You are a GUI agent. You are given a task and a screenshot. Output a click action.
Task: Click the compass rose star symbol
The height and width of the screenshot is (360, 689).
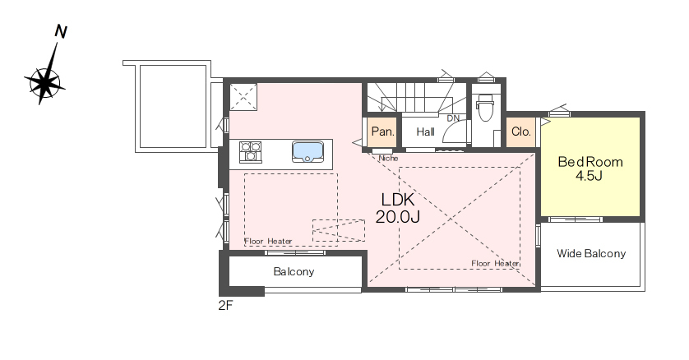coord(44,82)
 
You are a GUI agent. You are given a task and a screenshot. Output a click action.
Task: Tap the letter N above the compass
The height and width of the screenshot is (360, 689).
coord(61,31)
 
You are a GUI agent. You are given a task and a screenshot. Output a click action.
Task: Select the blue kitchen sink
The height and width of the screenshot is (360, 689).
coord(308,151)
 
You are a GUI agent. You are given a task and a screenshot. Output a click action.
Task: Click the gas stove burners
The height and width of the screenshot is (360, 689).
coord(251,152)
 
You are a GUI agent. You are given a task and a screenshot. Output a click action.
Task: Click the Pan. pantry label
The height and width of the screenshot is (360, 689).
coord(382,132)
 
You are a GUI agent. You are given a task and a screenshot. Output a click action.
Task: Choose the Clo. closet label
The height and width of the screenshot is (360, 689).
coord(521,132)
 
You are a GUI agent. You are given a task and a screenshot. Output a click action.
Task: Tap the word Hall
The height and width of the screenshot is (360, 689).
coord(425,132)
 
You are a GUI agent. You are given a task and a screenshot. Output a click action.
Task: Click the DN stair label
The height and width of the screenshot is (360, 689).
coord(453,118)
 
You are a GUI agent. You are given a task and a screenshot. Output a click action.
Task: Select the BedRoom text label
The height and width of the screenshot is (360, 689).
coord(590,162)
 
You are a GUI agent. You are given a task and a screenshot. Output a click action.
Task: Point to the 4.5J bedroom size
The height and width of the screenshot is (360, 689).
coord(589,176)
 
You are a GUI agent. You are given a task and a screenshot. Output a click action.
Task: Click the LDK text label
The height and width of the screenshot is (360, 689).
coord(398,200)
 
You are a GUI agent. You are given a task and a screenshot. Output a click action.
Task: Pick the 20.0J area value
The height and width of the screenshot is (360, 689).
coord(398,216)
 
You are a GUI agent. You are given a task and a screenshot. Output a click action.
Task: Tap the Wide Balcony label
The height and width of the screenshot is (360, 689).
coord(591,253)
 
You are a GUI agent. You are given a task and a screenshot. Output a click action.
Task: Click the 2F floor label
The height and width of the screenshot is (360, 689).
coord(225,306)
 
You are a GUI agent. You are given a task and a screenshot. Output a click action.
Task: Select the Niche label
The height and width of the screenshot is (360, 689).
coord(388,158)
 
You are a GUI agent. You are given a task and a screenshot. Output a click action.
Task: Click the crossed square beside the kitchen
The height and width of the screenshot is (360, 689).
coord(243,97)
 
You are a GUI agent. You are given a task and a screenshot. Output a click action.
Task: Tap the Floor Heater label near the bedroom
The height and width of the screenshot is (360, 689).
coord(495,263)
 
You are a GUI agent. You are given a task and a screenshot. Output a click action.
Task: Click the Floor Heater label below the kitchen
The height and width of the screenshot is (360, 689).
coord(268,242)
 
